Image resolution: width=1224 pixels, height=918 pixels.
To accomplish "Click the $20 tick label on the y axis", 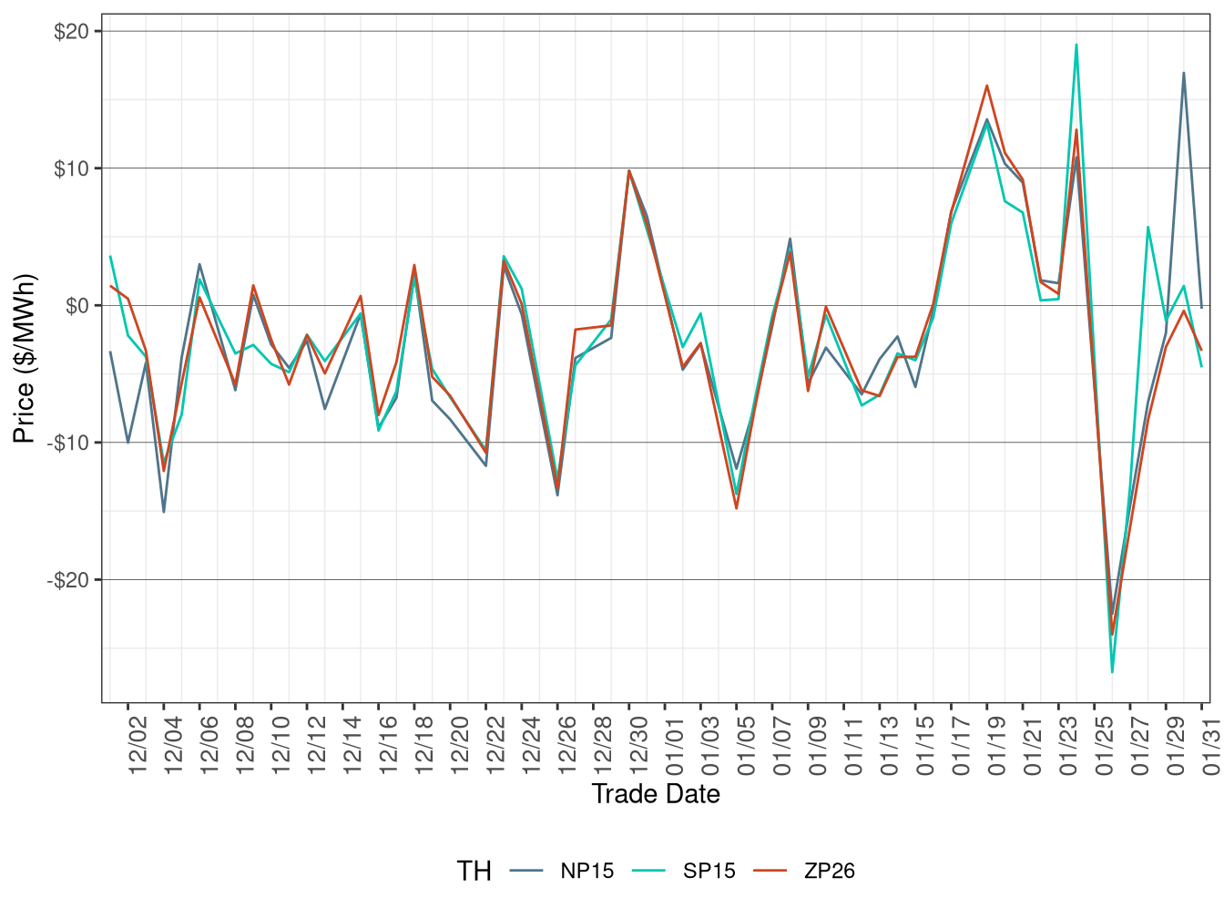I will [x=71, y=32].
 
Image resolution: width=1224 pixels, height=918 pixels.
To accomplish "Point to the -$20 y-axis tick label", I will [x=68, y=580].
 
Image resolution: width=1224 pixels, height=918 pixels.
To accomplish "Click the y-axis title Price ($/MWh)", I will [x=25, y=358].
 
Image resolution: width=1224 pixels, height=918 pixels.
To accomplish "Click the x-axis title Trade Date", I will [x=656, y=794].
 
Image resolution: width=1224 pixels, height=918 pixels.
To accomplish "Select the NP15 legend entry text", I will [x=587, y=872].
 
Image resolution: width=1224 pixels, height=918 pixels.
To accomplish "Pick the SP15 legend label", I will [x=709, y=872].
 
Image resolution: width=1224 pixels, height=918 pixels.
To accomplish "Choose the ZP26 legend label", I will [x=830, y=872].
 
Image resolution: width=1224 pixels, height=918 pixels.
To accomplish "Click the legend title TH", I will [x=474, y=872].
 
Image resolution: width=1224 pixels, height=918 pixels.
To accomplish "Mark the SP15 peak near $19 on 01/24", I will [x=1076, y=45].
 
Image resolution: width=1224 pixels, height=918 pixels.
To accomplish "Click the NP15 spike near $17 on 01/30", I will [x=1184, y=73].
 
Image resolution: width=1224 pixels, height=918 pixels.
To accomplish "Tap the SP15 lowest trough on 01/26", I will [x=1112, y=672].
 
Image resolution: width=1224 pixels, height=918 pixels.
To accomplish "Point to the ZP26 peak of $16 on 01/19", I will [x=987, y=86].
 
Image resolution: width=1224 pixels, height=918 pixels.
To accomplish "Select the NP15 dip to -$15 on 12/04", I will [x=164, y=512].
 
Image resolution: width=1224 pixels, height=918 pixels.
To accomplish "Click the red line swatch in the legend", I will [x=771, y=872].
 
